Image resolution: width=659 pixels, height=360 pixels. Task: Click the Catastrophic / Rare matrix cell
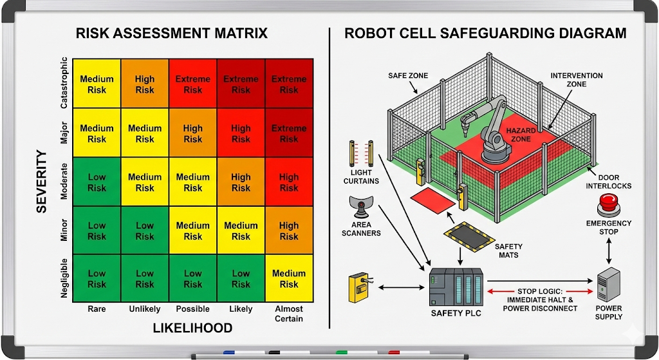point(97,84)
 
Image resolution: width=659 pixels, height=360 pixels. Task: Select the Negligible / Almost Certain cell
point(289,278)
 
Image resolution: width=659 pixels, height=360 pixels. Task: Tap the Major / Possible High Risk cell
point(192,133)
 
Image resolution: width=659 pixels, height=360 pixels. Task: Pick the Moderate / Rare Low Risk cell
point(97,182)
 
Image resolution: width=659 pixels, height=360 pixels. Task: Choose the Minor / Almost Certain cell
point(289,231)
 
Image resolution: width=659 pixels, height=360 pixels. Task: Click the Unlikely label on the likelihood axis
point(145,309)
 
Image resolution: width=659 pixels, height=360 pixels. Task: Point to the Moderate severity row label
point(64,182)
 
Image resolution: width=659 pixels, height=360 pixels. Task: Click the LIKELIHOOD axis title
point(192,328)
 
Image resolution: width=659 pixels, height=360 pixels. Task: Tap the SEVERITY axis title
point(42,182)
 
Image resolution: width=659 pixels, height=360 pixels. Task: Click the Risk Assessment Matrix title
point(172,33)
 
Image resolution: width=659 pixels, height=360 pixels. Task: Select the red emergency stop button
point(608,207)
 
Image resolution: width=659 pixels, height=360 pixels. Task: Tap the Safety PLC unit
point(456,287)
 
